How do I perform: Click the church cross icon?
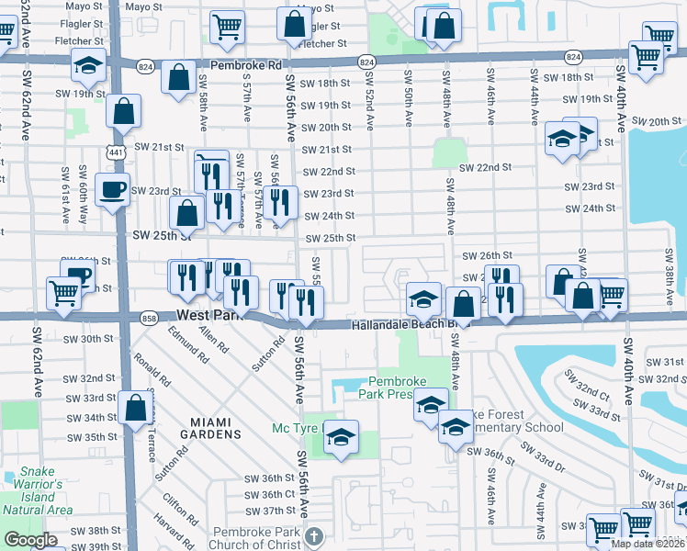[313, 535]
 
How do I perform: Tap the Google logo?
[30, 540]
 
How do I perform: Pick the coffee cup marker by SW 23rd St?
[113, 191]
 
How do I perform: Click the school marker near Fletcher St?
[88, 67]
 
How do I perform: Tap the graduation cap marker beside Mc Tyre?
[341, 438]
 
